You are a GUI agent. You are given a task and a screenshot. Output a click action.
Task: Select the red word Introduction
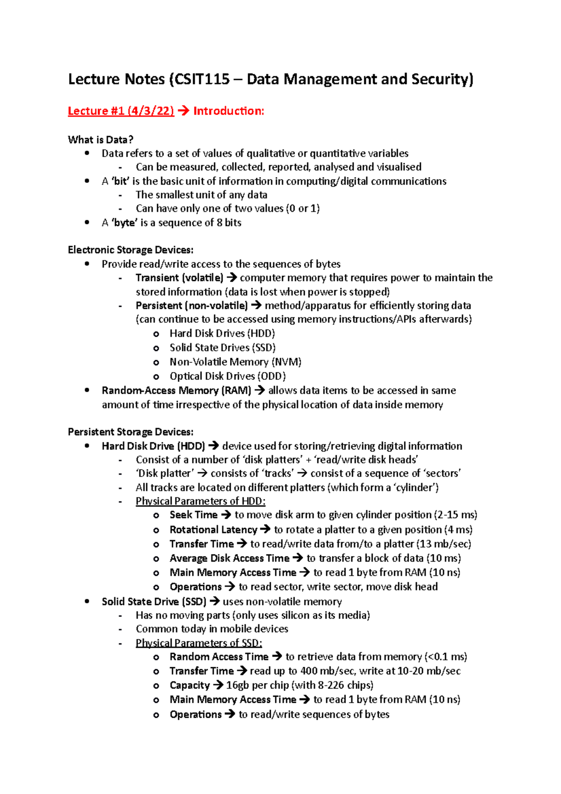(229, 111)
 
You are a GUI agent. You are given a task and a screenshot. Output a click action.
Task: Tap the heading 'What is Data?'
(101, 140)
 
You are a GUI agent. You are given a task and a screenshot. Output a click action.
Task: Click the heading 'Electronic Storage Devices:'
(130, 250)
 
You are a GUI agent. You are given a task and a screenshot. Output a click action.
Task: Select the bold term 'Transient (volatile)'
(180, 278)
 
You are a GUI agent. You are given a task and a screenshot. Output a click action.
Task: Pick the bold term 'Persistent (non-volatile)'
(192, 306)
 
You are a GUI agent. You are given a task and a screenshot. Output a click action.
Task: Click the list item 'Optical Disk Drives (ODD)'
(228, 376)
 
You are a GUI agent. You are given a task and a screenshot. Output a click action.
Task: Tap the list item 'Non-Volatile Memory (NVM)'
(236, 362)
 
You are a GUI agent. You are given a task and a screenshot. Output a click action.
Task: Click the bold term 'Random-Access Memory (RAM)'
(176, 390)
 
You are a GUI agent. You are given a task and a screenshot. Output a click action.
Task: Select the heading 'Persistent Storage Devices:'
(130, 432)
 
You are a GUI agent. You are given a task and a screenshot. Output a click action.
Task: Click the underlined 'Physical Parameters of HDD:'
(201, 501)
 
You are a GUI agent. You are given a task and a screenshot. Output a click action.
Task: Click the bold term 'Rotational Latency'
(213, 530)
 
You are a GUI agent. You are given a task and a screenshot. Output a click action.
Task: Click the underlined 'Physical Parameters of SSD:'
(199, 643)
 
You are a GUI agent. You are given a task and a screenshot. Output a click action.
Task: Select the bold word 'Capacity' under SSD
(189, 686)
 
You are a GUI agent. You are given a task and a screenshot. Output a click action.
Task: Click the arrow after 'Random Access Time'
(277, 657)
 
